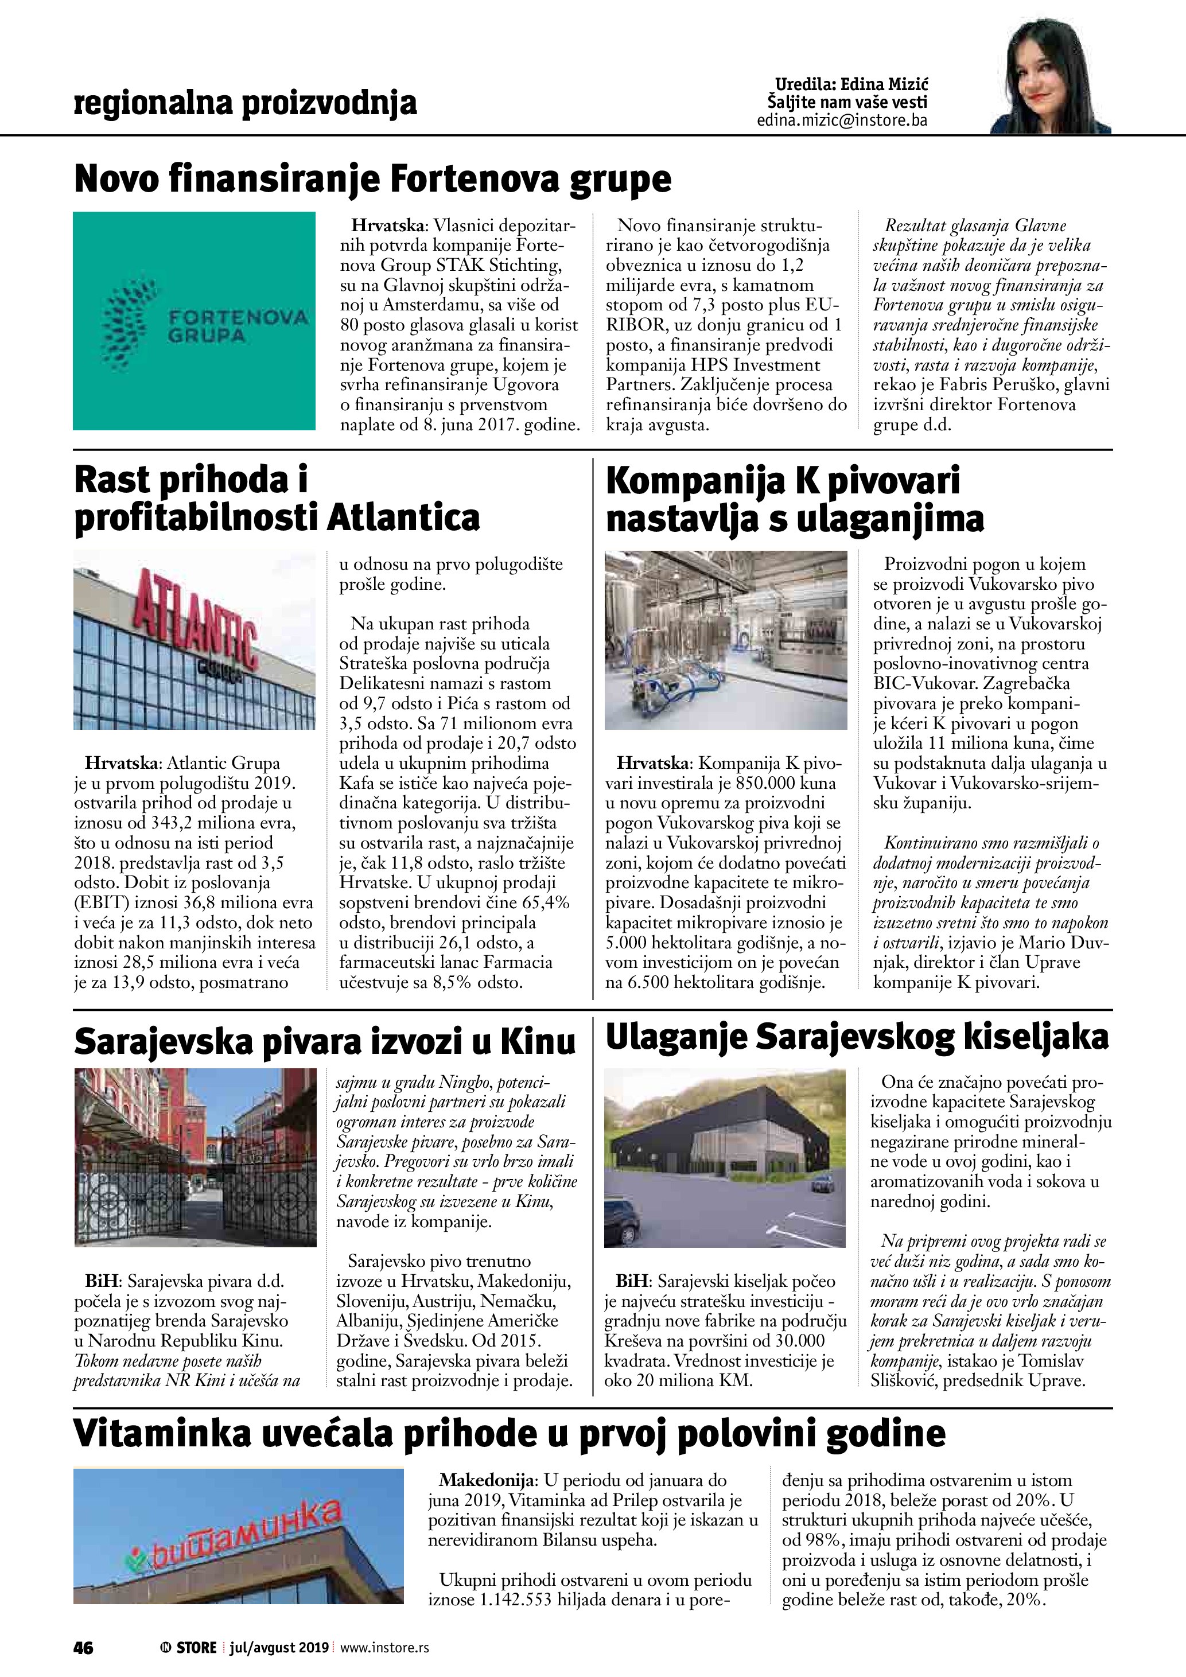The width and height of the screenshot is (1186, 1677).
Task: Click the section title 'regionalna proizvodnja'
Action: click(246, 103)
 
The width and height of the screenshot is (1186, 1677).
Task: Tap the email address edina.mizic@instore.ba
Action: click(842, 120)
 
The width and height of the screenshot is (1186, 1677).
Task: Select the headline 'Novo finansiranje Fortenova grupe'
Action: click(372, 179)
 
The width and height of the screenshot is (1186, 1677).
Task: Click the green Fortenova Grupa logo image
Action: click(195, 321)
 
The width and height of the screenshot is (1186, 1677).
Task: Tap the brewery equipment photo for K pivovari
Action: click(726, 640)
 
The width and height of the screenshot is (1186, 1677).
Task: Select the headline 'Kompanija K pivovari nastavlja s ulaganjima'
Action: click(795, 499)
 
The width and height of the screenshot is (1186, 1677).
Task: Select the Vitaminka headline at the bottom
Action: click(510, 1434)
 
